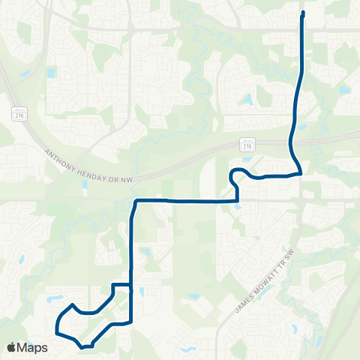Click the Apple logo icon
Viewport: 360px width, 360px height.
tap(12, 347)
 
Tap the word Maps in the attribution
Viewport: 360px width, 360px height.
tap(33, 347)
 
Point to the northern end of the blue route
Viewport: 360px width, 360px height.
tap(303, 13)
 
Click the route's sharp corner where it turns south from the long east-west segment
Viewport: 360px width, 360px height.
tap(135, 201)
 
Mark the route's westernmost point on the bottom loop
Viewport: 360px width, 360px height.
tap(56, 328)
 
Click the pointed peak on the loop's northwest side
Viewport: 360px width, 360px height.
tap(73, 305)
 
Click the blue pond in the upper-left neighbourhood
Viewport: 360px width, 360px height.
tap(51, 73)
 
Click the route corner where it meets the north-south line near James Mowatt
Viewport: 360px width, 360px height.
tap(301, 173)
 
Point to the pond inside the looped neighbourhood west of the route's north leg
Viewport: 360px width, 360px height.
tap(248, 97)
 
